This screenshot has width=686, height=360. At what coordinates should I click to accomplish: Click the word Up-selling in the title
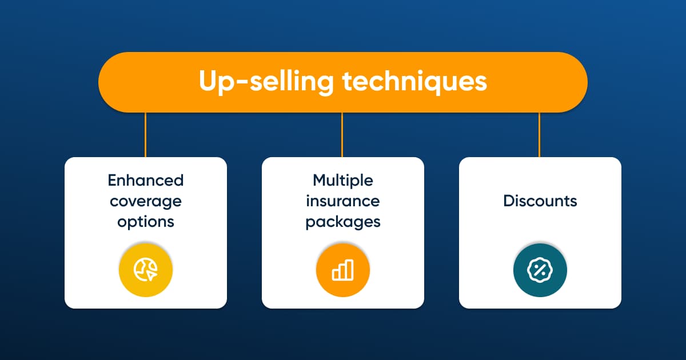[x=266, y=82]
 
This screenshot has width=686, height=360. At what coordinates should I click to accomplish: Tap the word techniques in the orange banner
[x=414, y=82]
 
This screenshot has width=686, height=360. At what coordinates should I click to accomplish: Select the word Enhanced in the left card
[x=146, y=181]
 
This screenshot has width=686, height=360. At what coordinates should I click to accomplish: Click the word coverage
[x=146, y=202]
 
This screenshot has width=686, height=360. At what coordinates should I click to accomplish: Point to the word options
[x=146, y=222]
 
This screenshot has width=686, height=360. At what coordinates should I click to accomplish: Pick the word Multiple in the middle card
[x=343, y=181]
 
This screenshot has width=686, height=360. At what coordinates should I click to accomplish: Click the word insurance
[x=343, y=201]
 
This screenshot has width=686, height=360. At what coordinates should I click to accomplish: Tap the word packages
[x=343, y=222]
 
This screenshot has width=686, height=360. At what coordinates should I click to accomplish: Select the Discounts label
[x=540, y=201]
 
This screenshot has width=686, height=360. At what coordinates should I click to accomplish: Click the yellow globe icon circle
[x=146, y=270]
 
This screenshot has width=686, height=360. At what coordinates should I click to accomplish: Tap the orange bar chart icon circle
[x=343, y=270]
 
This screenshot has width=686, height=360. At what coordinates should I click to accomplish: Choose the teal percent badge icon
[x=540, y=270]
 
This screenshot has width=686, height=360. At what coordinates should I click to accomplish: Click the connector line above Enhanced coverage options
[x=145, y=135]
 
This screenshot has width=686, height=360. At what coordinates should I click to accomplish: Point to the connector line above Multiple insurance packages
[x=342, y=135]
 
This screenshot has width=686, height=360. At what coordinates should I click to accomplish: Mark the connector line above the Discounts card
[x=539, y=135]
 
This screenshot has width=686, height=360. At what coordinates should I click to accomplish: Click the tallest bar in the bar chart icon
[x=350, y=270]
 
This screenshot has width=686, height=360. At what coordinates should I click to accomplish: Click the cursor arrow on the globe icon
[x=152, y=275]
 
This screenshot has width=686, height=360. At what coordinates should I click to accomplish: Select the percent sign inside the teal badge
[x=540, y=270]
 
